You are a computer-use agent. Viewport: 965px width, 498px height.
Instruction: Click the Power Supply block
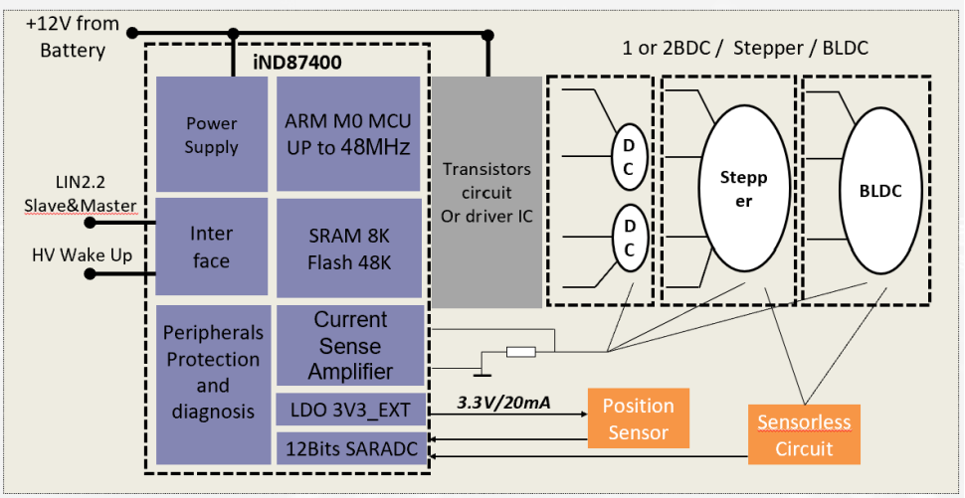click(x=212, y=134)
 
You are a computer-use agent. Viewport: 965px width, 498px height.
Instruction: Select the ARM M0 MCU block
click(x=348, y=134)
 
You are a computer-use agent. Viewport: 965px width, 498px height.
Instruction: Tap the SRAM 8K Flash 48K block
click(x=348, y=249)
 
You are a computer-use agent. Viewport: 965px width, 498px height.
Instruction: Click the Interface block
click(x=212, y=247)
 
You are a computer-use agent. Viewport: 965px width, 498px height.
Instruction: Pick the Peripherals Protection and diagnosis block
click(x=214, y=385)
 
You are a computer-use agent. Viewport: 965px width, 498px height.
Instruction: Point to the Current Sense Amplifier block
click(x=351, y=346)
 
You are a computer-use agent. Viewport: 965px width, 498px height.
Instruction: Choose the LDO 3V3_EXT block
click(x=351, y=409)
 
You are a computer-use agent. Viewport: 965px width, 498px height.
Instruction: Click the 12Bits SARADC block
click(x=351, y=449)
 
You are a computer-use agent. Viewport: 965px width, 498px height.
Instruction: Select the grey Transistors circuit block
click(x=486, y=192)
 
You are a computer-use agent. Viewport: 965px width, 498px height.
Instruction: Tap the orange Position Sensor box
click(x=639, y=418)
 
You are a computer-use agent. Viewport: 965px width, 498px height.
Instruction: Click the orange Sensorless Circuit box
click(x=804, y=434)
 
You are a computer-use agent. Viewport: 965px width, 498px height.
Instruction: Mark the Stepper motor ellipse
click(x=744, y=188)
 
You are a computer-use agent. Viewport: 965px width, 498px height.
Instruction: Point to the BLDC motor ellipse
click(x=880, y=190)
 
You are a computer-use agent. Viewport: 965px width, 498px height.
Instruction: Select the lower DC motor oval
click(x=628, y=237)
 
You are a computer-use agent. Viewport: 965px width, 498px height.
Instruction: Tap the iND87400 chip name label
click(x=297, y=64)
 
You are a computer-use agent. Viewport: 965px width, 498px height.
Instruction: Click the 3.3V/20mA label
click(x=503, y=404)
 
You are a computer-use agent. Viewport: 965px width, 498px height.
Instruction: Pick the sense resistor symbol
click(x=520, y=352)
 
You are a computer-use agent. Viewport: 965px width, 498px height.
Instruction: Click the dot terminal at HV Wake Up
click(x=91, y=273)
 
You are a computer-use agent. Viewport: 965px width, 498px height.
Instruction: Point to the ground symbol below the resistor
click(x=482, y=371)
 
